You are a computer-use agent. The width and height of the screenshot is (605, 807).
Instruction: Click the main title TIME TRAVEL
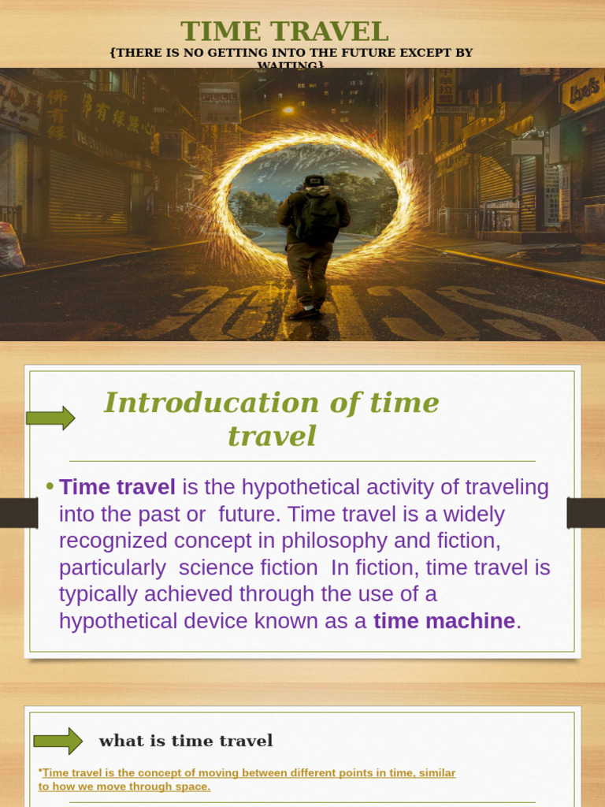click(284, 32)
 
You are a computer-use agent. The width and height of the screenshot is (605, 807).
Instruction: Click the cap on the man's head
click(314, 180)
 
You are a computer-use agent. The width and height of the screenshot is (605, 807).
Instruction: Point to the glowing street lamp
click(288, 110)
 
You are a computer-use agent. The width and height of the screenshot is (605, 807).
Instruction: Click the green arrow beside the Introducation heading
click(50, 418)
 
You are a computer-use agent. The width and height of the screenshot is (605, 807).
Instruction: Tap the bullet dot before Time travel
click(50, 486)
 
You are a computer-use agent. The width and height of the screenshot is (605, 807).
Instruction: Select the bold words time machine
click(444, 621)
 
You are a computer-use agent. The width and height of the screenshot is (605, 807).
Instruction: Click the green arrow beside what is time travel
click(58, 741)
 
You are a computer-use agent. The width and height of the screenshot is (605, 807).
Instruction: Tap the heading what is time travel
click(186, 741)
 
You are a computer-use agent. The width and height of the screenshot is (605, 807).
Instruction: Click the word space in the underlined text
click(192, 787)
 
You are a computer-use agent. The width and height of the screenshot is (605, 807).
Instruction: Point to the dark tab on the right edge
click(585, 513)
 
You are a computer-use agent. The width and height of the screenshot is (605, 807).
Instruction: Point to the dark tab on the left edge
click(19, 513)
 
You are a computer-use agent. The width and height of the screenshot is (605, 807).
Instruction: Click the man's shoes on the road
click(305, 312)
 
